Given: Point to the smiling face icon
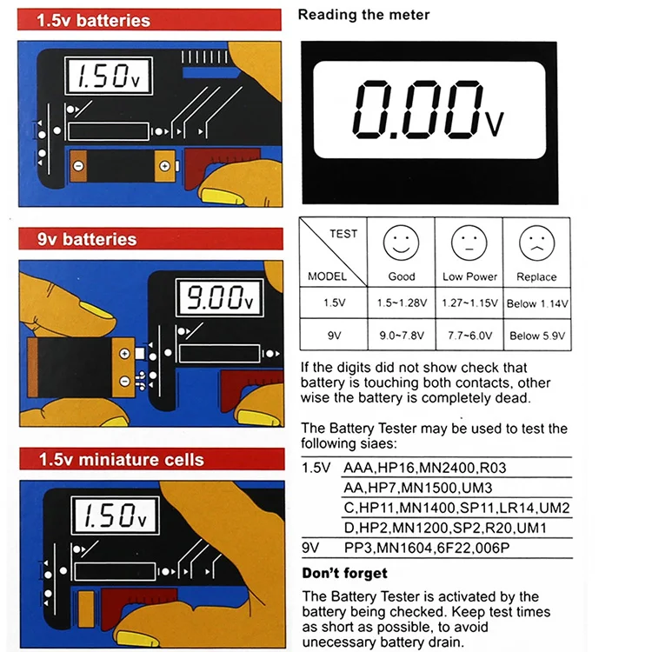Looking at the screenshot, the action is [x=402, y=243].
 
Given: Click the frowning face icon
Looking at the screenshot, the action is [x=536, y=243].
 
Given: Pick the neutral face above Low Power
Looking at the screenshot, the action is [x=469, y=243].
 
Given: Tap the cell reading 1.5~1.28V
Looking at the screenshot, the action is [x=402, y=303].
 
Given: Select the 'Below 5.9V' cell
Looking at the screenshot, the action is [x=537, y=336].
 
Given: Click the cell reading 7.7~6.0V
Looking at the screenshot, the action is [x=469, y=336].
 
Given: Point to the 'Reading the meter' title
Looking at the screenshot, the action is [x=363, y=14].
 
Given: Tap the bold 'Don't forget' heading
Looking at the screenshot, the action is [x=344, y=573].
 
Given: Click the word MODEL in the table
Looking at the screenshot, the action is [x=327, y=276].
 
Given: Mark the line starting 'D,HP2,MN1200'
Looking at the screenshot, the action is [x=444, y=529].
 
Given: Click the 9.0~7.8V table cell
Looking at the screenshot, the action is [x=402, y=336].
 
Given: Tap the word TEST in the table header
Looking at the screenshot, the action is [x=343, y=233].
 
